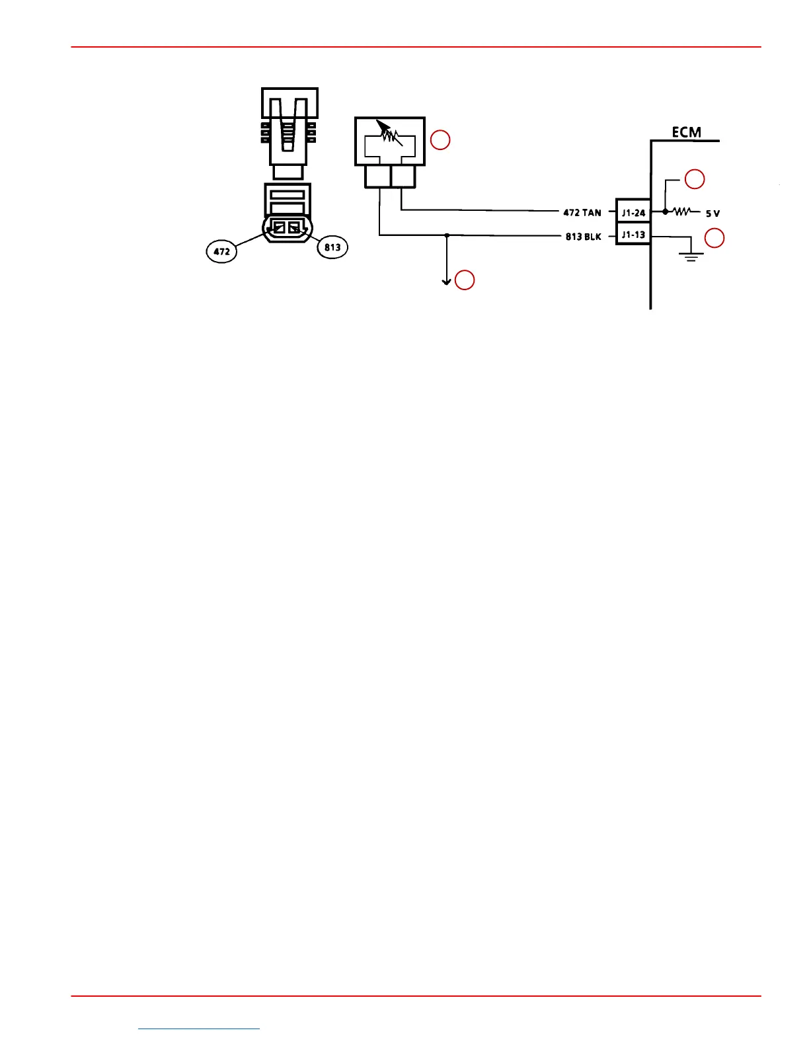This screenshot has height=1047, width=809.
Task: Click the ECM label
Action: [686, 132]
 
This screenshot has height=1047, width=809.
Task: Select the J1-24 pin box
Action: [633, 213]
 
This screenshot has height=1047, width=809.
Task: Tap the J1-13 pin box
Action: [633, 235]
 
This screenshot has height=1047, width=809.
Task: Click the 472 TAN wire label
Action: [582, 213]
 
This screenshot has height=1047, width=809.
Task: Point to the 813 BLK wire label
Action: [583, 237]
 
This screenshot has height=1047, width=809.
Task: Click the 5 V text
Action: [713, 213]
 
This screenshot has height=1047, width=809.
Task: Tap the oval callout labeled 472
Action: [222, 251]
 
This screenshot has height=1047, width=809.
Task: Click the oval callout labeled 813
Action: [332, 247]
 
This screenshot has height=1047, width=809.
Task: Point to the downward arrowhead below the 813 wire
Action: [447, 282]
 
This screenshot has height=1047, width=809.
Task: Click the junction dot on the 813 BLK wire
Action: [447, 235]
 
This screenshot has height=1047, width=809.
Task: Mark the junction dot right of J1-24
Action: [665, 212]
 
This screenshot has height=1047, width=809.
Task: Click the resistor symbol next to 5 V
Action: [681, 212]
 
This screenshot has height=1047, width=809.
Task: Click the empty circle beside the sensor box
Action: [440, 140]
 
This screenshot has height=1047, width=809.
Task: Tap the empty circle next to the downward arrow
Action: [465, 280]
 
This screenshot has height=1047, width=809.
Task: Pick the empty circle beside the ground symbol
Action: [714, 238]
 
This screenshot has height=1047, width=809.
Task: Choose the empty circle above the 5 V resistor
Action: [694, 179]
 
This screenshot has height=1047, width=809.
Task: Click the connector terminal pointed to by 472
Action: [279, 228]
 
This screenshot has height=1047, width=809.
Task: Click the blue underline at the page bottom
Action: [199, 1028]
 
